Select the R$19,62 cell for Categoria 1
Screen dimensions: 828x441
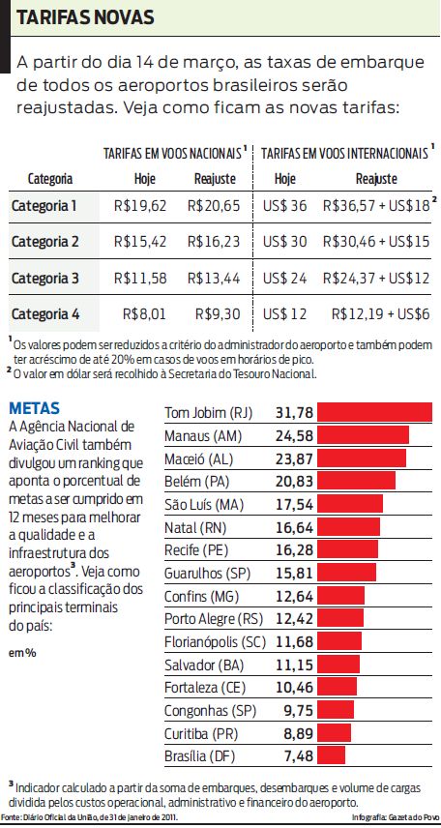click(140, 205)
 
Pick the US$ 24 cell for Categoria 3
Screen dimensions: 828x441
click(285, 279)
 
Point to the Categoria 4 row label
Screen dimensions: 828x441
click(44, 314)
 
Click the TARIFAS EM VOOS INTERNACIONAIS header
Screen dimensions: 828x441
click(345, 154)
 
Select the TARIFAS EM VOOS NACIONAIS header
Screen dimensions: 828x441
click(172, 154)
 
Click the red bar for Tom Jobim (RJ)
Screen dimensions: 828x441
click(375, 413)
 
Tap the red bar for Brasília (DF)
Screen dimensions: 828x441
click(332, 754)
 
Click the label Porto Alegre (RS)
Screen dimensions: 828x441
click(214, 618)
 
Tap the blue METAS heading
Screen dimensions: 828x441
click(34, 407)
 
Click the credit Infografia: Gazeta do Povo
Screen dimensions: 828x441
click(395, 819)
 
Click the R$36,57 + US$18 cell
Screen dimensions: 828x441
click(380, 205)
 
